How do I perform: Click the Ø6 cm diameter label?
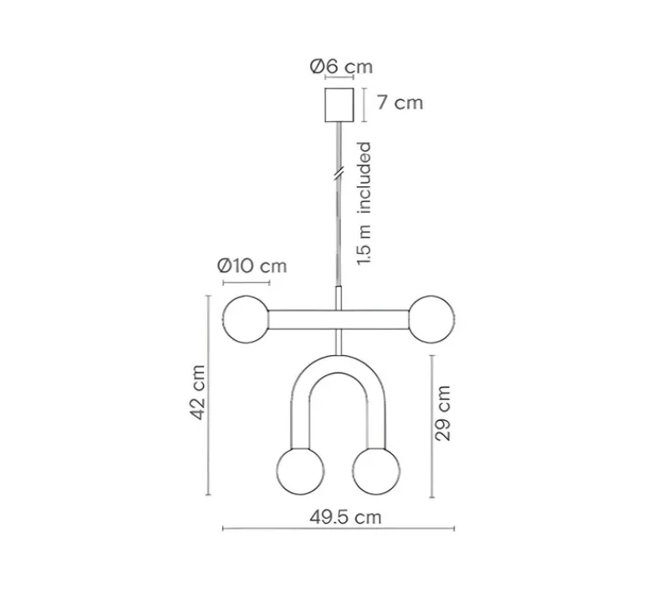coord(341,66)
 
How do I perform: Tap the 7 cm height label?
coord(400,103)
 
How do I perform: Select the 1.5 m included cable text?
coord(364,203)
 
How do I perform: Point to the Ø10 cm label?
coord(252,266)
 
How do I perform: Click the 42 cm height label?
coord(198,393)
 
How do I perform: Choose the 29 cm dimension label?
coord(443,414)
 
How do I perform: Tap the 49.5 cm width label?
coord(345,517)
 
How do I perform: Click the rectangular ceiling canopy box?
coord(339,104)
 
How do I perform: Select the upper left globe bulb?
coord(246,319)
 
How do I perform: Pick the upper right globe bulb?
coord(431,319)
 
